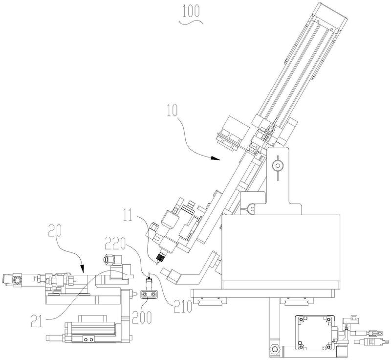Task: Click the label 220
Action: (117, 241)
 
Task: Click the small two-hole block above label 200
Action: (149, 294)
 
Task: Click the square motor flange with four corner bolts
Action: (313, 332)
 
